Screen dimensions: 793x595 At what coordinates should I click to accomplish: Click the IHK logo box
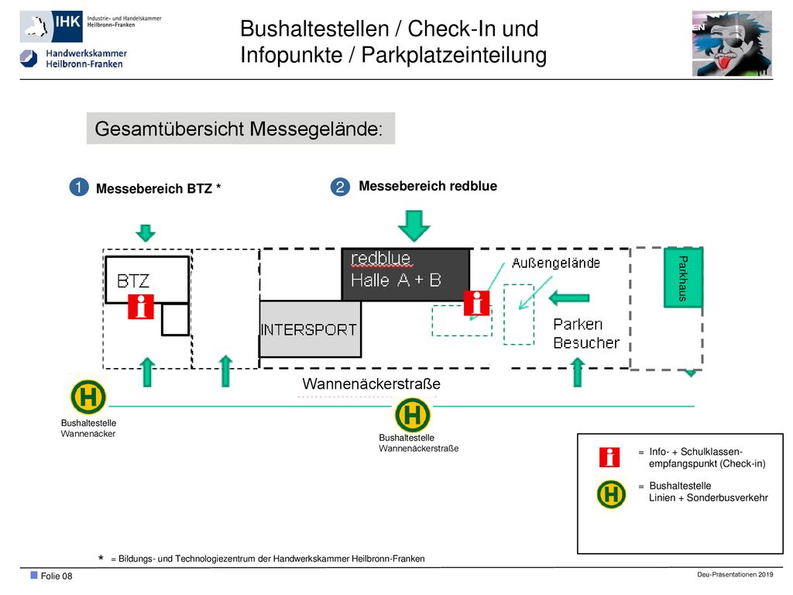tap(51, 26)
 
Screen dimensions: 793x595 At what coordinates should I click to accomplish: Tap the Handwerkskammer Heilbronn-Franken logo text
tap(86, 59)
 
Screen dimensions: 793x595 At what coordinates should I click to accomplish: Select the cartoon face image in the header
tap(732, 43)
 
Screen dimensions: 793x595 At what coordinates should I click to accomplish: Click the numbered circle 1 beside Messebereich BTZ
tap(79, 187)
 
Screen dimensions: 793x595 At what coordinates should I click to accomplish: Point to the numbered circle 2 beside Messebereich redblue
tap(341, 187)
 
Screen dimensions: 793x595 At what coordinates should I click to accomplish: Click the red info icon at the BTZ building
tap(141, 307)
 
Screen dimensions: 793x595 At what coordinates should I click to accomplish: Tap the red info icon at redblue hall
tap(476, 303)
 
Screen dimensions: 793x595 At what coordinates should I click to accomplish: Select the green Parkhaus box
tap(683, 277)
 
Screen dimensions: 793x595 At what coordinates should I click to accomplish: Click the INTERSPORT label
tap(308, 330)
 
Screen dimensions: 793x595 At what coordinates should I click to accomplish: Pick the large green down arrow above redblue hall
tap(414, 225)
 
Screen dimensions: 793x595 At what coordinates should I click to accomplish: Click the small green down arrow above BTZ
tap(146, 233)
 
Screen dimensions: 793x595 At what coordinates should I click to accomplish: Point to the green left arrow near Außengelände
tap(569, 298)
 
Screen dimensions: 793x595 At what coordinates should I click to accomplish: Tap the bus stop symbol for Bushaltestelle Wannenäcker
tap(88, 397)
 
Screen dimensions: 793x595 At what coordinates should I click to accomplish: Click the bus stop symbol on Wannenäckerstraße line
tap(413, 415)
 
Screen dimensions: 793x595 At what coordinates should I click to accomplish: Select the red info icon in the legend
tap(609, 457)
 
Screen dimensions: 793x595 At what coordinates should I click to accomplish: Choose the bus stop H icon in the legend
tap(611, 494)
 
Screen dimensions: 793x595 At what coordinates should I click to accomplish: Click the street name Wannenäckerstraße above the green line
tap(371, 384)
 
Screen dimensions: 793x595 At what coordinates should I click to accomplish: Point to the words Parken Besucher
tap(585, 333)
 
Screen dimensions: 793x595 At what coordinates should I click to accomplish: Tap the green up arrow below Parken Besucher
tap(578, 373)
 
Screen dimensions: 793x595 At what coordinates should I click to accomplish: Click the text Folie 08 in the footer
tap(57, 576)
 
